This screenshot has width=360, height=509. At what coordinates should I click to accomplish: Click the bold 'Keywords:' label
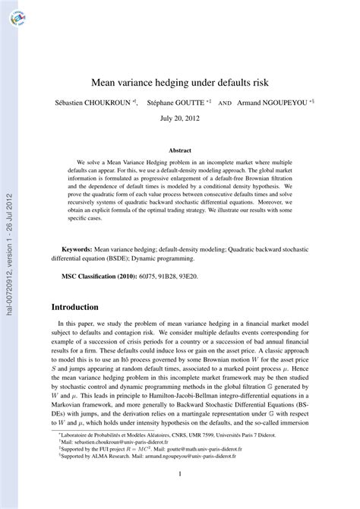tap(77, 226)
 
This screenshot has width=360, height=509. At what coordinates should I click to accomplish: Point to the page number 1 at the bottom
tap(180, 475)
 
